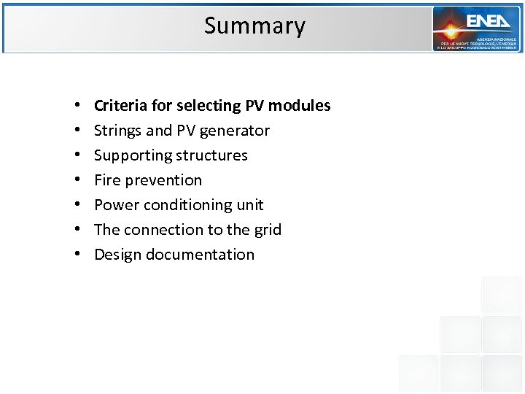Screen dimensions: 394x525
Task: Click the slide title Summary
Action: click(254, 26)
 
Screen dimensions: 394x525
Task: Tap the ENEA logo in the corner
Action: click(476, 28)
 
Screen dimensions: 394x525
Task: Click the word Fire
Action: click(106, 180)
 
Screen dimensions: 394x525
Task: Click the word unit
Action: click(250, 205)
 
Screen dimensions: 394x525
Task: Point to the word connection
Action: click(163, 230)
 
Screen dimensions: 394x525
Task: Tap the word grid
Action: click(268, 231)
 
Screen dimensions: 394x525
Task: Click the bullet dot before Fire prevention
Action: click(77, 181)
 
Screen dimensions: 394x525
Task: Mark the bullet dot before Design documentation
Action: click(77, 255)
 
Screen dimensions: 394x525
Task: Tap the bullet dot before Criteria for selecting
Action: click(77, 107)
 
